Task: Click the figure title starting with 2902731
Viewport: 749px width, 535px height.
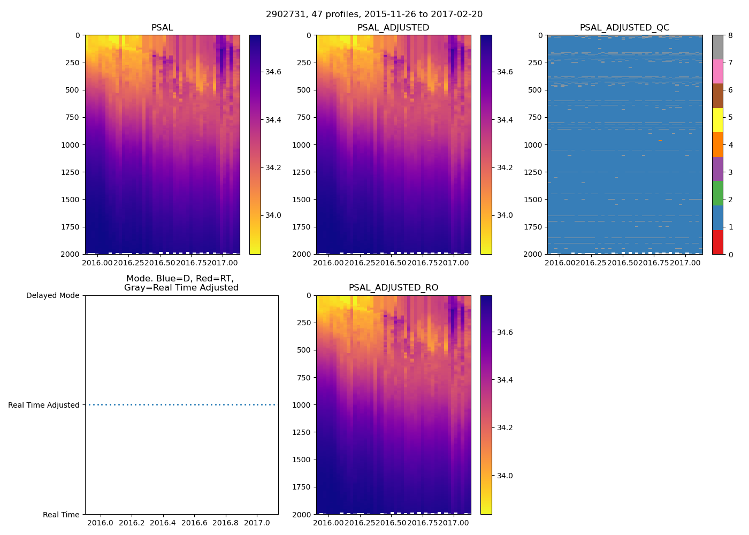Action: (374, 14)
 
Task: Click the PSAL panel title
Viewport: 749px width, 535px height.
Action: (162, 28)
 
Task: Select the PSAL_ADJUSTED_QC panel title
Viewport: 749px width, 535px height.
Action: (624, 28)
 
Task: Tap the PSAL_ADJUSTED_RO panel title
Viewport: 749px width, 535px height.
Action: (393, 288)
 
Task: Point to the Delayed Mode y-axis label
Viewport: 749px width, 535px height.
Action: (52, 296)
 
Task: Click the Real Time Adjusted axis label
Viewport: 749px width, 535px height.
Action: (44, 405)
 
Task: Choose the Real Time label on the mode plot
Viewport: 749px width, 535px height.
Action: (61, 515)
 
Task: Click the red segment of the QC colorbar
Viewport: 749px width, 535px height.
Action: (717, 242)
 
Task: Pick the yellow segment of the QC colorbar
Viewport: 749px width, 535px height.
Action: (717, 120)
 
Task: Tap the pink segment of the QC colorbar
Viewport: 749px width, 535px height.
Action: (717, 72)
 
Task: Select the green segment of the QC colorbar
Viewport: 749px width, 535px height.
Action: (717, 193)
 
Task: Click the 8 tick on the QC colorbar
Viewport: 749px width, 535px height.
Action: (730, 35)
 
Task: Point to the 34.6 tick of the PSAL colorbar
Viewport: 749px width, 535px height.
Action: (273, 72)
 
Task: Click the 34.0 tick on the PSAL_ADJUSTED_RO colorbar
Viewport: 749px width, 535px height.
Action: (505, 476)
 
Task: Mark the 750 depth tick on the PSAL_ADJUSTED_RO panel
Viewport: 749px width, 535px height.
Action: (302, 378)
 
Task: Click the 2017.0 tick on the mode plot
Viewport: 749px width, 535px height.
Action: (257, 523)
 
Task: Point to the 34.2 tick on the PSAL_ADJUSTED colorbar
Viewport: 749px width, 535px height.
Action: (505, 167)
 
